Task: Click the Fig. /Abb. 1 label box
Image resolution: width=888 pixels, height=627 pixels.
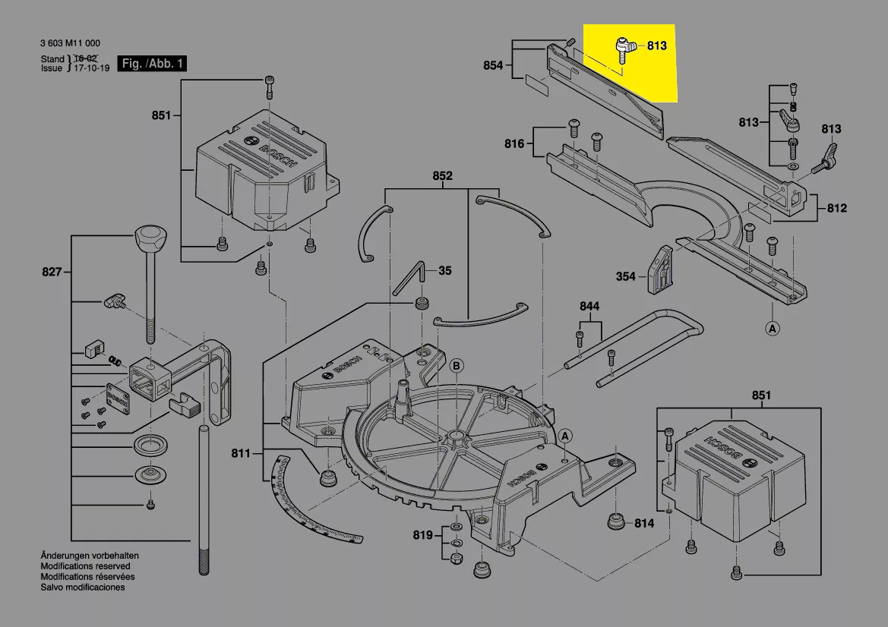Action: pyautogui.click(x=151, y=64)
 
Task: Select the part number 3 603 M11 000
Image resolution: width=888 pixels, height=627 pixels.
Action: pyautogui.click(x=70, y=43)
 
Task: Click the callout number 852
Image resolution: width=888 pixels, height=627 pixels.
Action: pyautogui.click(x=442, y=176)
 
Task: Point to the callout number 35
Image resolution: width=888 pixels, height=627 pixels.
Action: pyautogui.click(x=445, y=270)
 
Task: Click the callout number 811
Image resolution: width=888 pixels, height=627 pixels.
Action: pyautogui.click(x=241, y=454)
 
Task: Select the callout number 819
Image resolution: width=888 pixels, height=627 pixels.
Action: pyautogui.click(x=423, y=536)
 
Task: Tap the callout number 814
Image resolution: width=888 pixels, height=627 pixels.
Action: pyautogui.click(x=644, y=524)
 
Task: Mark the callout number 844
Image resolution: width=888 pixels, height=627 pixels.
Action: pyautogui.click(x=589, y=307)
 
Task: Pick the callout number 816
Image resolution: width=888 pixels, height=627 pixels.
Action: pyautogui.click(x=514, y=143)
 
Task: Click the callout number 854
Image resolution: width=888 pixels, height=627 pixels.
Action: pyautogui.click(x=493, y=66)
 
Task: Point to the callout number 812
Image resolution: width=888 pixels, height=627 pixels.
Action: pyautogui.click(x=837, y=208)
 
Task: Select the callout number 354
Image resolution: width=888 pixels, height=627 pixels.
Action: pyautogui.click(x=625, y=277)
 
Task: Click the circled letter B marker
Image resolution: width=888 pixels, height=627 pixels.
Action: pyautogui.click(x=457, y=366)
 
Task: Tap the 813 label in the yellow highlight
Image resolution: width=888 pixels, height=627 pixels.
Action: pyautogui.click(x=657, y=46)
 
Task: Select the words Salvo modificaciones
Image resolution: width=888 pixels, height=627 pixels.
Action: pyautogui.click(x=83, y=588)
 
